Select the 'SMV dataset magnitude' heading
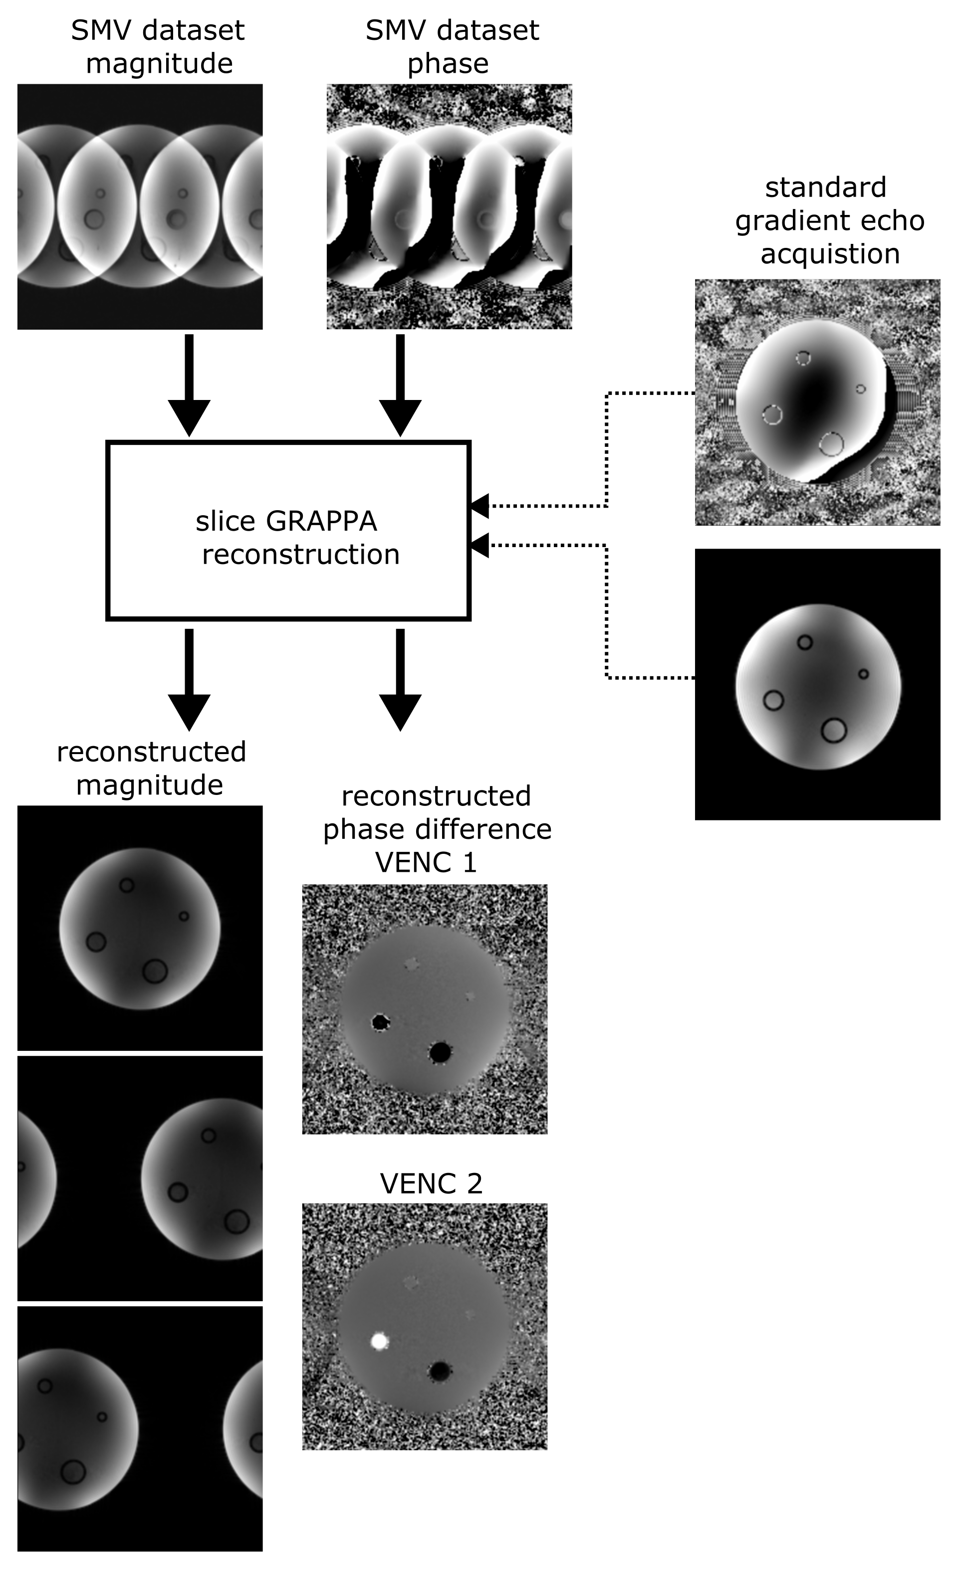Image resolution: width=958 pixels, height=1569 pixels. [158, 46]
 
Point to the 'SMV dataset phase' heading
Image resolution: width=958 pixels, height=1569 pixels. [452, 46]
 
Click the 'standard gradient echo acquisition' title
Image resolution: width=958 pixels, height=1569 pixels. [829, 220]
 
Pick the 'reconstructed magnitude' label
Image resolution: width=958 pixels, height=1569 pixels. [151, 768]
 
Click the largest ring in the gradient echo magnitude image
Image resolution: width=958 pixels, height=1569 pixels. [833, 730]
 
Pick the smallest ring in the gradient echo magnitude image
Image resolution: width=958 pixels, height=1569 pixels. [863, 674]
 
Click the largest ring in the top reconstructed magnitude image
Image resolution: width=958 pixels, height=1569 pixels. [155, 972]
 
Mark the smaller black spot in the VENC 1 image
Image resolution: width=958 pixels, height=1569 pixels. [381, 1023]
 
